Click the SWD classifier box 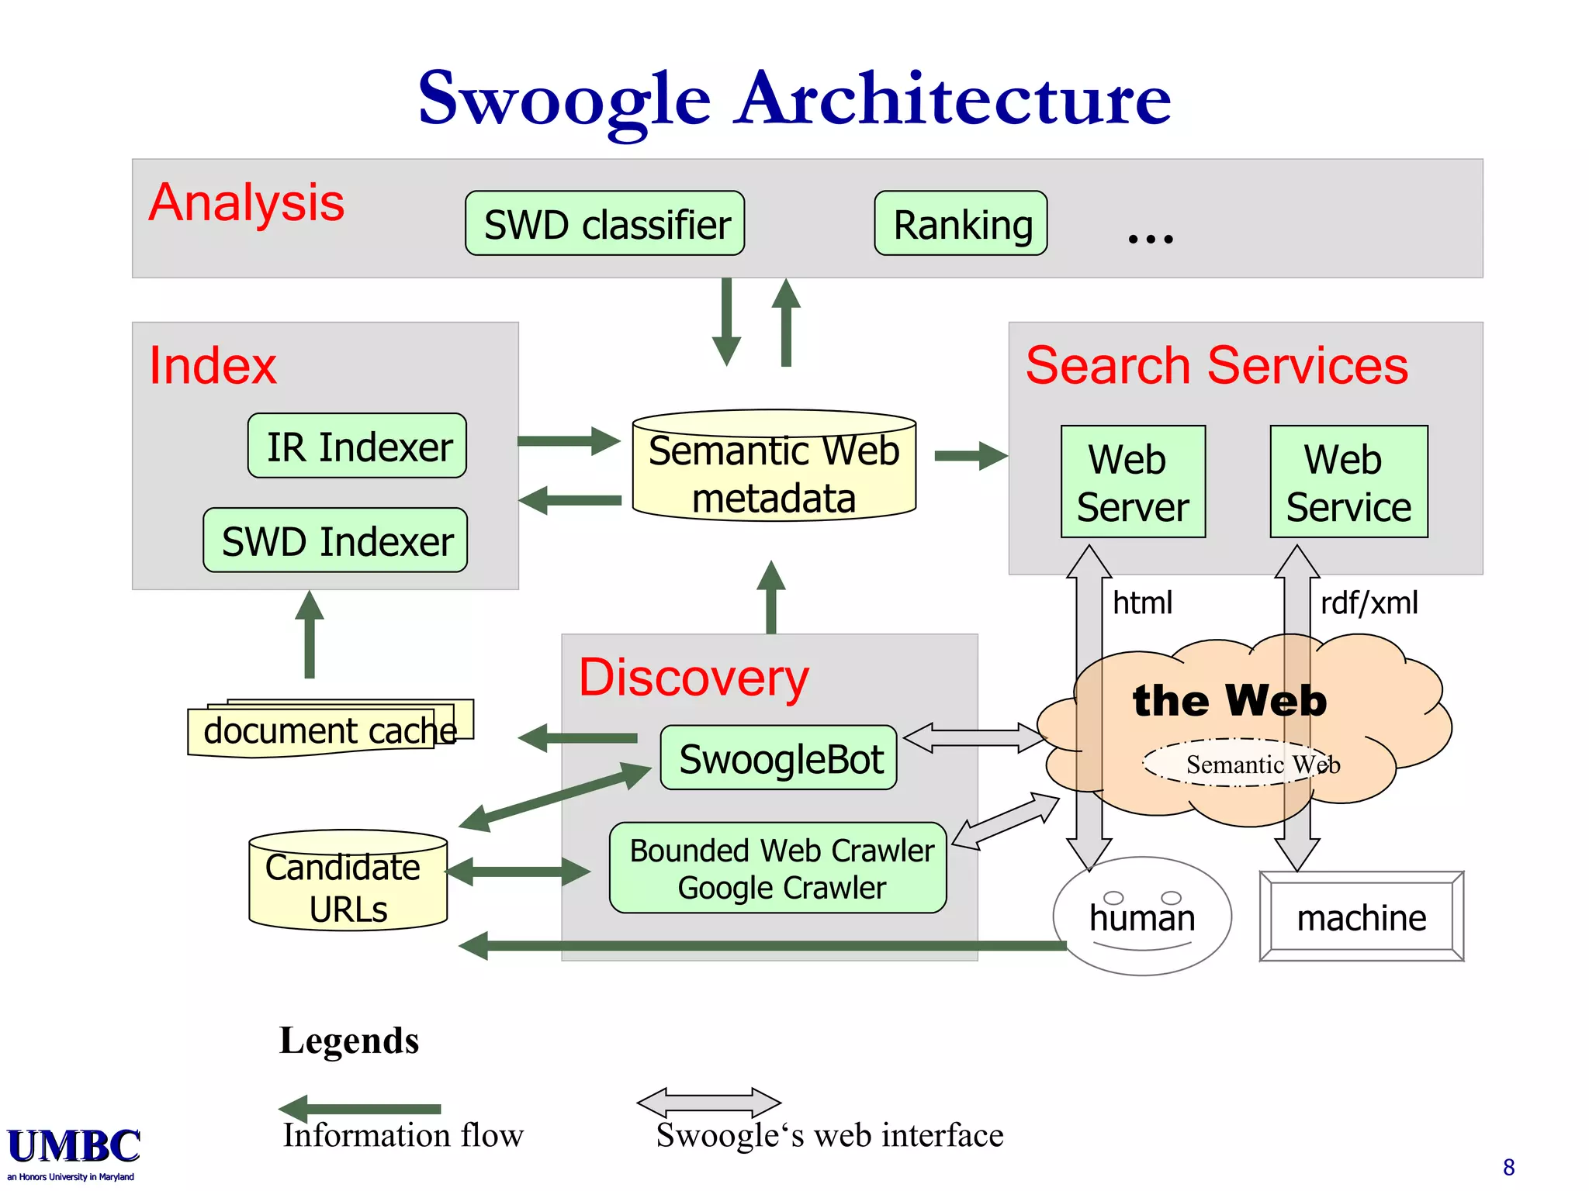604,223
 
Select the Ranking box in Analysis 961,223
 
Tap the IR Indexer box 357,446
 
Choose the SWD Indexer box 335,540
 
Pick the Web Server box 1133,482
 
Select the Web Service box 1348,482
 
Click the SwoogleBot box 779,758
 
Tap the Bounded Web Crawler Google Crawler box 778,868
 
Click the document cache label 329,730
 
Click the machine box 1362,917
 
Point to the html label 1142,602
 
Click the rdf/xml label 1369,602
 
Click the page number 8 1508,1167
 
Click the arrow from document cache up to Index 310,634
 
